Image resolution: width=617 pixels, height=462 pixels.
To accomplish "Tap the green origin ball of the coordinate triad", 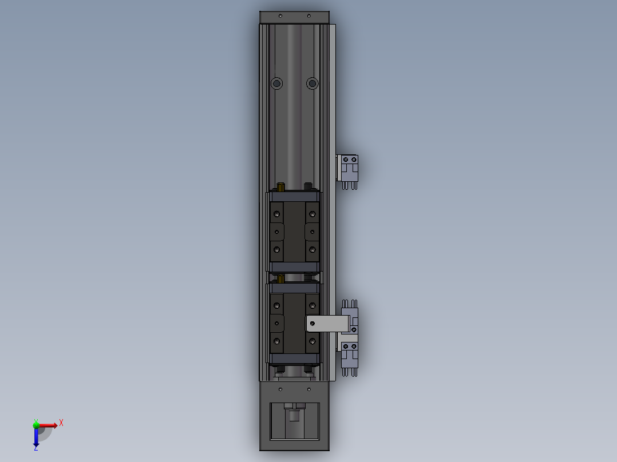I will coord(36,425).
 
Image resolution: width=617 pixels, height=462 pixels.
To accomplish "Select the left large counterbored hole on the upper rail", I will coord(277,83).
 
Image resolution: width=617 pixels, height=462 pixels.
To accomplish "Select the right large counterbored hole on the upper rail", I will coord(312,83).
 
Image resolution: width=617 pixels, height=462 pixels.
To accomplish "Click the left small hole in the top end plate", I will coord(280,15).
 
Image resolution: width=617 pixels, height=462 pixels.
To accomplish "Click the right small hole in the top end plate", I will coord(309,15).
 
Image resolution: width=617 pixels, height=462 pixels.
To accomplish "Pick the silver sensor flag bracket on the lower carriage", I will coord(327,324).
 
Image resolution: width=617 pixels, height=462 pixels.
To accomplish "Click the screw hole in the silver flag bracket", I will coord(312,324).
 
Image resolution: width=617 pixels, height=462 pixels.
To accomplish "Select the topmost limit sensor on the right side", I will coord(349,168).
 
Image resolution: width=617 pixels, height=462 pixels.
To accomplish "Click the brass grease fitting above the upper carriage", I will coord(281,187).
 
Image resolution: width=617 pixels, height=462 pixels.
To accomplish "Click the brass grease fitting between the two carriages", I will coord(281,278).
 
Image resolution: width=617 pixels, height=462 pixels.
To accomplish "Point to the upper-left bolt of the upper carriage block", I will coord(278,214).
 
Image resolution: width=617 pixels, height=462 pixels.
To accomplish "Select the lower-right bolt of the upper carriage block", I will coord(312,249).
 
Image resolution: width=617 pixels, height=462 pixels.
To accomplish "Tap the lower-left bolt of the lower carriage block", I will coord(278,341).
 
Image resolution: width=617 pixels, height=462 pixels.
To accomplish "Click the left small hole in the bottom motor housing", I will coord(280,389).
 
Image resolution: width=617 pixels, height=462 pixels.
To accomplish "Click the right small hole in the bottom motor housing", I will coord(309,389).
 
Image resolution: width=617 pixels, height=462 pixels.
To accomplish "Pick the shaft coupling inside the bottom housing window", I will coord(294,413).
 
